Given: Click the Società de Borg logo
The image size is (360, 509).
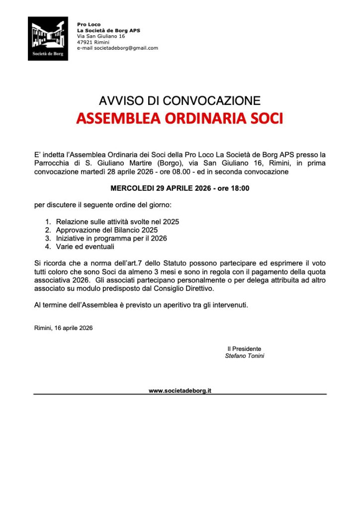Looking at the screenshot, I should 48,39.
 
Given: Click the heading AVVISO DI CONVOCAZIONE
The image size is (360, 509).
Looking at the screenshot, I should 180,101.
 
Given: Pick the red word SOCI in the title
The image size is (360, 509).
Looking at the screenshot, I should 266,119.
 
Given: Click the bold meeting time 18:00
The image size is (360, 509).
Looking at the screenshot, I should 240,188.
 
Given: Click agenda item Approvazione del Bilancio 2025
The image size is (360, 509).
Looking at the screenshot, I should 106,230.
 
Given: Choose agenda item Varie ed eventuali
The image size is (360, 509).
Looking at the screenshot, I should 85,246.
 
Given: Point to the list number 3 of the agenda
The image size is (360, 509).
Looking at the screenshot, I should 48,238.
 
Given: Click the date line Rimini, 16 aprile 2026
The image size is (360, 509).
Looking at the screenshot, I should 63,328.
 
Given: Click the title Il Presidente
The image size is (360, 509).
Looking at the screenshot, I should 244,349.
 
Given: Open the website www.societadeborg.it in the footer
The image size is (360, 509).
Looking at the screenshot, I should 180,391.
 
